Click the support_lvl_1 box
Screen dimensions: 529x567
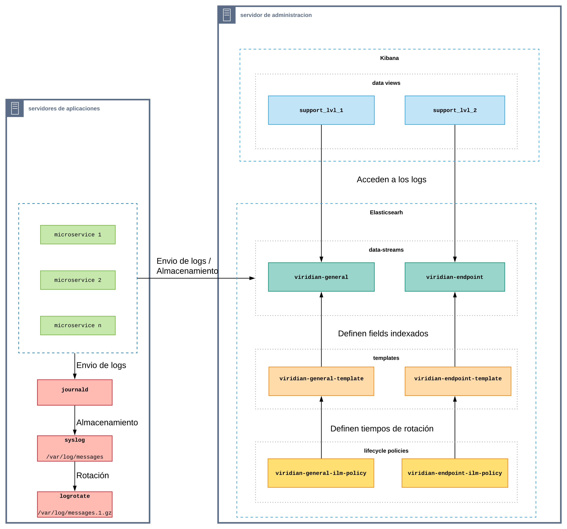[x=321, y=110]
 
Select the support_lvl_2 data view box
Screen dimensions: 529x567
[x=455, y=110]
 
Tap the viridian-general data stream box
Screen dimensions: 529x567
[x=321, y=277]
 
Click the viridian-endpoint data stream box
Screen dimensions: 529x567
[x=455, y=277]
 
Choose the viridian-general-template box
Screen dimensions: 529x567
[x=321, y=381]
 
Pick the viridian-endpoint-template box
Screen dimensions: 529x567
[x=458, y=381]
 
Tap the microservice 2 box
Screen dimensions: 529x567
[x=78, y=280]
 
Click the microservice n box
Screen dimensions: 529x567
[x=78, y=325]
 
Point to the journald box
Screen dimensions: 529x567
[x=75, y=392]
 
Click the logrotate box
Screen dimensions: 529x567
[x=75, y=504]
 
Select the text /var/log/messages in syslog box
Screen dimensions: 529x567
[x=75, y=457]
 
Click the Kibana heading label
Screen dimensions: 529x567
[x=389, y=58]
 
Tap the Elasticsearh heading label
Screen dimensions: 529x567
[x=386, y=212]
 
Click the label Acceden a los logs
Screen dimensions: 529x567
[x=391, y=179]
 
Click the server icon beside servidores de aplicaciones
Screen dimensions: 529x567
[x=15, y=108]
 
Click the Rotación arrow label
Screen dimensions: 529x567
[x=92, y=475]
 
